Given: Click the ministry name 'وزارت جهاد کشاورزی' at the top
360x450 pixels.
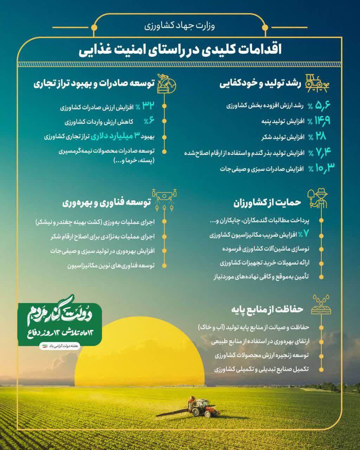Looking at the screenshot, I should pos(180,26).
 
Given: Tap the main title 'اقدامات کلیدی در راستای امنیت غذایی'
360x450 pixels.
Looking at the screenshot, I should pos(180,49).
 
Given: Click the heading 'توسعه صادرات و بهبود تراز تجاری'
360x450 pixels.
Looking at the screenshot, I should pos(94,84).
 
